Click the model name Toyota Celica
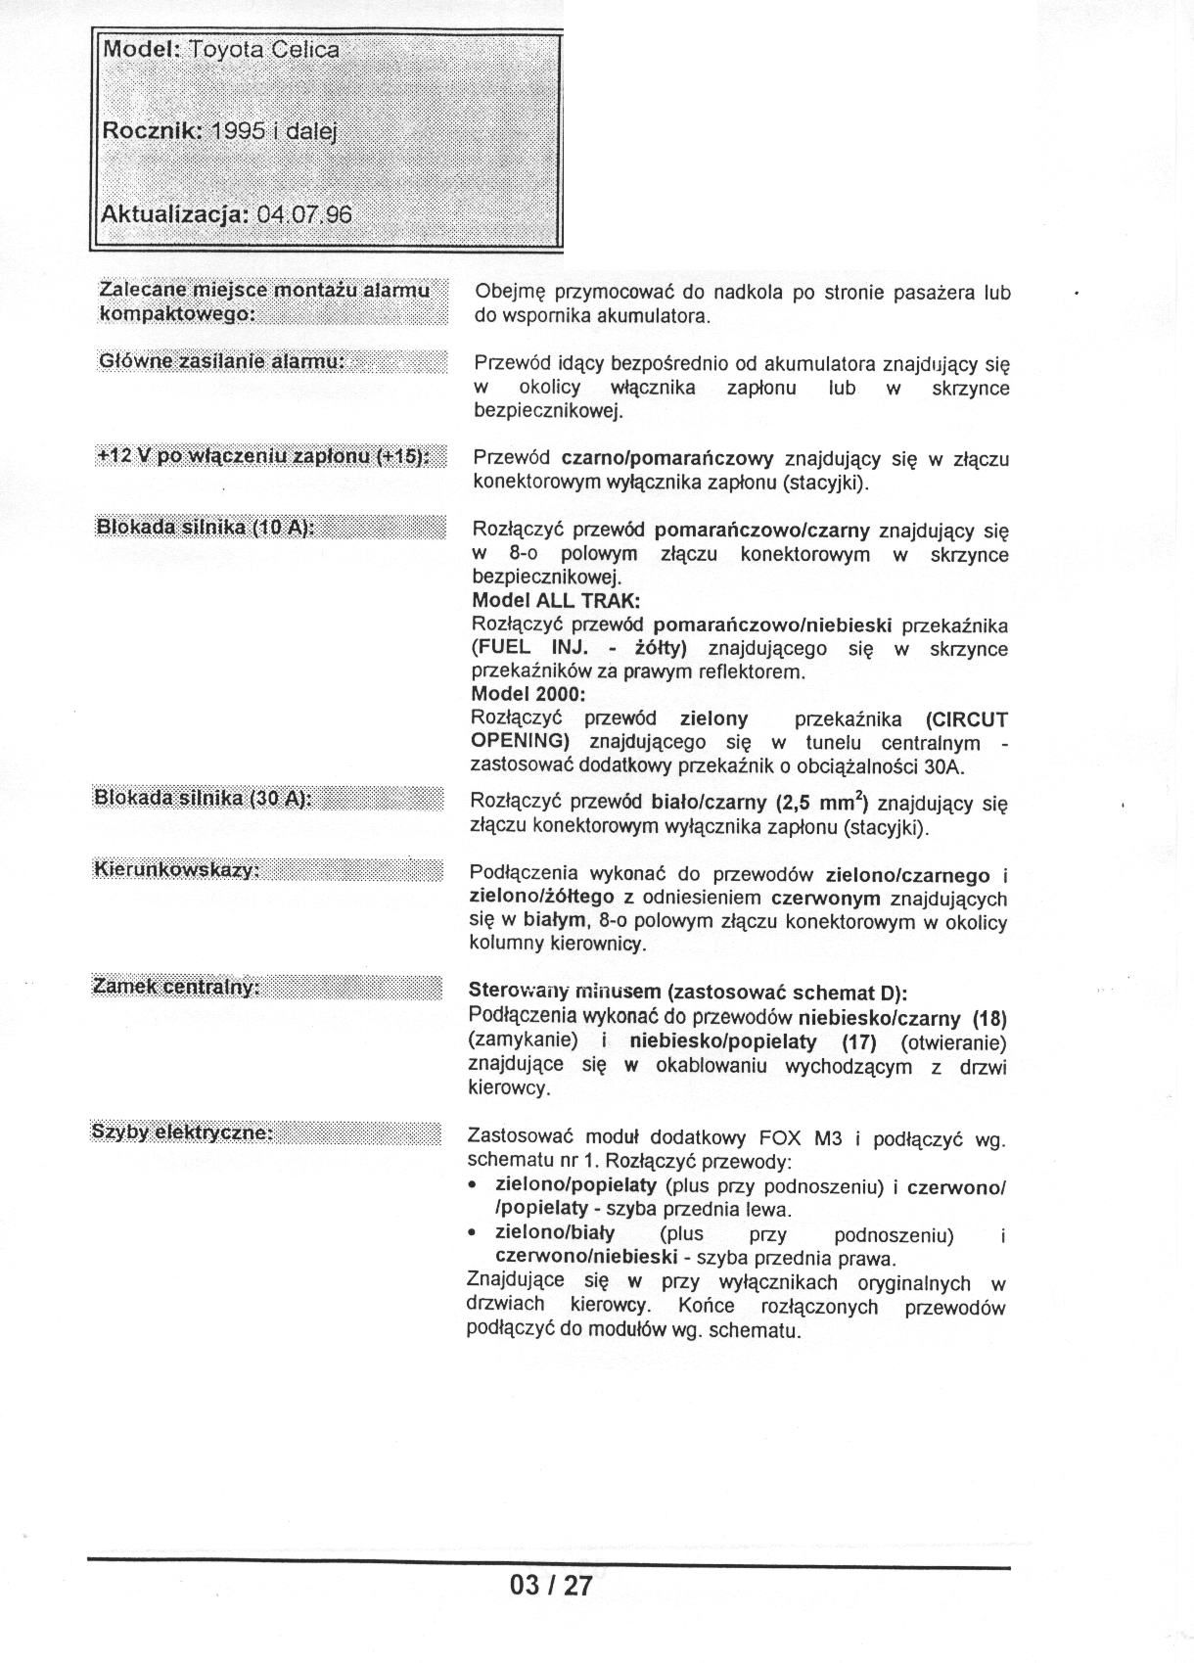click(x=264, y=50)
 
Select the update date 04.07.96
click(x=303, y=214)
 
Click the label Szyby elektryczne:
click(x=182, y=1132)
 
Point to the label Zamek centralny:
click(x=176, y=986)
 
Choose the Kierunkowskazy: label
click(x=176, y=869)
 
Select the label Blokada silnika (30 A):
click(x=203, y=797)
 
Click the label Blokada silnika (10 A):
click(x=205, y=528)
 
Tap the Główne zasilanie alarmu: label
click(x=221, y=361)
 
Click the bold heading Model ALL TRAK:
click(x=556, y=601)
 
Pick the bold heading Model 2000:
click(x=528, y=695)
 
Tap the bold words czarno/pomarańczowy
click(x=667, y=458)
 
